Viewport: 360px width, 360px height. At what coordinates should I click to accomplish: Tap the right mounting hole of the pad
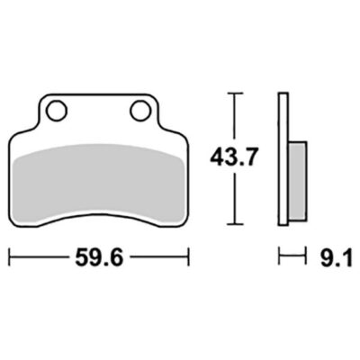(140, 111)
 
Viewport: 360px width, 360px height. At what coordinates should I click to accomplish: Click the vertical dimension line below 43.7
(236, 198)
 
